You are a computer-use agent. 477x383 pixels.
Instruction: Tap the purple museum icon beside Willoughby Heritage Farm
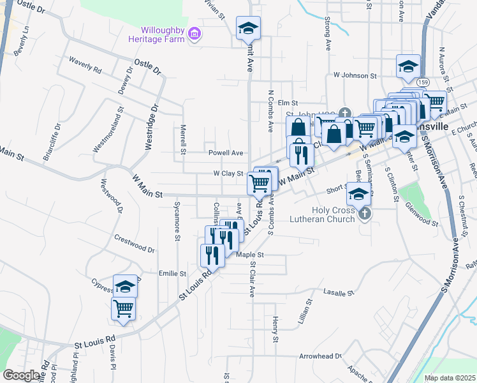click(x=196, y=33)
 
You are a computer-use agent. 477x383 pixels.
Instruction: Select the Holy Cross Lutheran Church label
click(x=332, y=214)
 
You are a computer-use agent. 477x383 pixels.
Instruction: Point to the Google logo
click(x=22, y=375)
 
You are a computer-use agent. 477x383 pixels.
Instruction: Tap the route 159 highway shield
click(x=423, y=82)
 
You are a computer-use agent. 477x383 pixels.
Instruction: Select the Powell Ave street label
click(x=226, y=153)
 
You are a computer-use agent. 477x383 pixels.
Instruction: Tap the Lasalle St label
click(x=338, y=292)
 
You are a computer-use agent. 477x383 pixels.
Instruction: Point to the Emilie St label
click(x=172, y=273)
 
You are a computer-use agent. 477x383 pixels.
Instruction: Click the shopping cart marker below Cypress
click(x=124, y=308)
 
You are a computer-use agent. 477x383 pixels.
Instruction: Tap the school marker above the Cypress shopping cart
click(x=126, y=286)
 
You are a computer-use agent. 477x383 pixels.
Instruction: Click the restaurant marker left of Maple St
click(x=212, y=255)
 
